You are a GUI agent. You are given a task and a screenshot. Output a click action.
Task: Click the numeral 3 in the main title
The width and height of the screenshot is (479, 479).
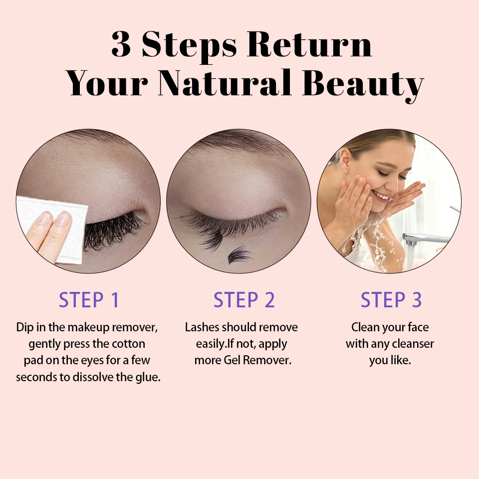[121, 44]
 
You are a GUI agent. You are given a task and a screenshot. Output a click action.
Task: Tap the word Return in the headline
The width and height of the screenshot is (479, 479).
[310, 44]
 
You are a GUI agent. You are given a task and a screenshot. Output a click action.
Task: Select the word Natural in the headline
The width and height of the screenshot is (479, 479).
[224, 82]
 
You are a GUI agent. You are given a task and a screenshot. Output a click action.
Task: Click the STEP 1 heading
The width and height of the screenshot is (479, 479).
[89, 300]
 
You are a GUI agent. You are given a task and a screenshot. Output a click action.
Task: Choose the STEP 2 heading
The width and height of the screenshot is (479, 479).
[244, 300]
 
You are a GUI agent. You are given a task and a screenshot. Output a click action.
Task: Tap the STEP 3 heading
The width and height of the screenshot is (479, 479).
[391, 300]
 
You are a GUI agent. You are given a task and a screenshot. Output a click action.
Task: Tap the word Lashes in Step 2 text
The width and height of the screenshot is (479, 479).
[202, 327]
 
